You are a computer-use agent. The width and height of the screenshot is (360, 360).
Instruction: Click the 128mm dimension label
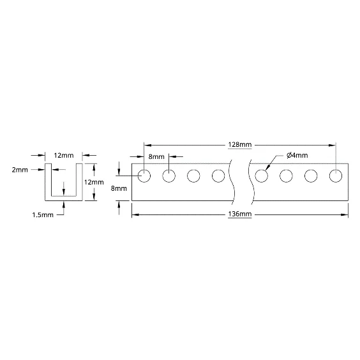click(x=240, y=145)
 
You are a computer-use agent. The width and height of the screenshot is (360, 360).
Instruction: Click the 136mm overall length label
click(x=240, y=214)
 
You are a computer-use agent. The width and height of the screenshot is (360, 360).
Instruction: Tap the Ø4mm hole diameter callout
click(x=297, y=156)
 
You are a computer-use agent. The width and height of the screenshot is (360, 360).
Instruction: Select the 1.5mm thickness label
click(x=43, y=215)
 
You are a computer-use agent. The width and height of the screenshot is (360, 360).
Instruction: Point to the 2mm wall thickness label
click(x=20, y=170)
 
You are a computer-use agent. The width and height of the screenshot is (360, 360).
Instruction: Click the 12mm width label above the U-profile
click(x=64, y=156)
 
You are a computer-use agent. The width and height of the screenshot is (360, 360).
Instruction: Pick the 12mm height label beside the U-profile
click(x=94, y=183)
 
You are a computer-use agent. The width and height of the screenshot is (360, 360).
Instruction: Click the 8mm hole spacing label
click(x=156, y=156)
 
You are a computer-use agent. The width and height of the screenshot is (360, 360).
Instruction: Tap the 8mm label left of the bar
click(x=119, y=188)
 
